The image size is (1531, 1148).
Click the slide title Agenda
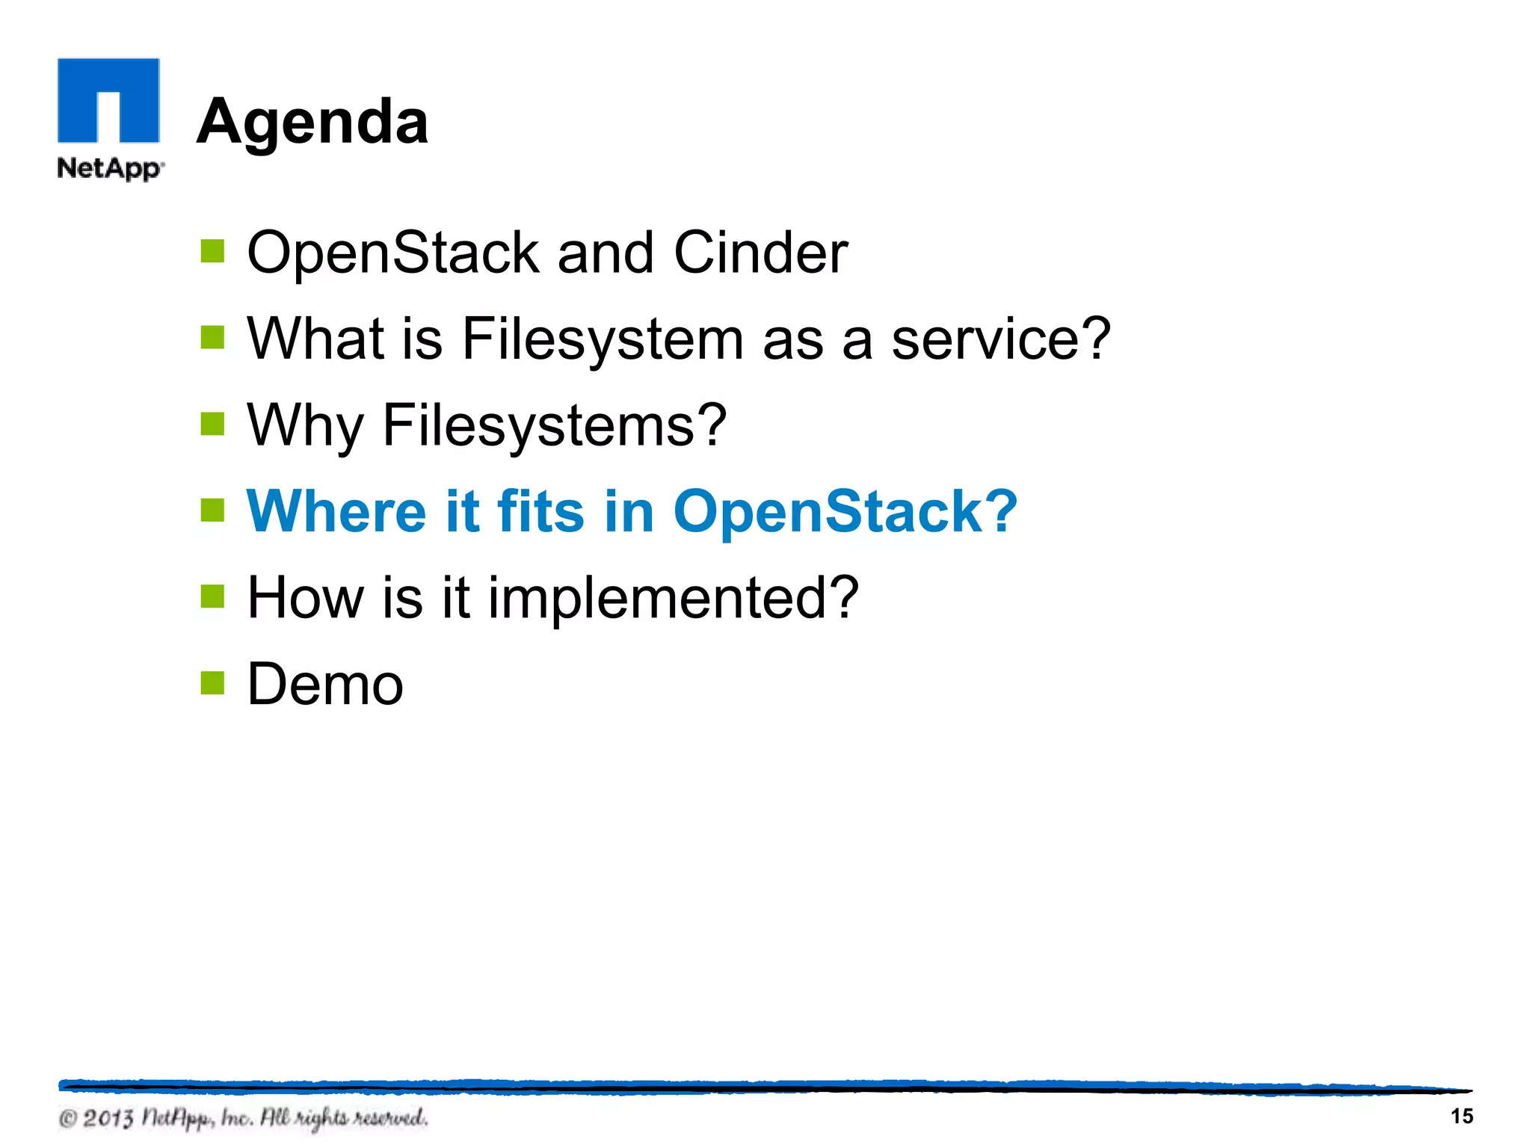point(312,122)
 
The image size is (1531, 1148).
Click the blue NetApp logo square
point(108,99)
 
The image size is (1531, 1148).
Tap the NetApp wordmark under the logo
point(110,168)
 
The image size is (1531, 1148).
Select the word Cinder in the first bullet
point(760,253)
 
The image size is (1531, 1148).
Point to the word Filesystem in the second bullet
point(603,339)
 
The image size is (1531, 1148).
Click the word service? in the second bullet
point(1001,339)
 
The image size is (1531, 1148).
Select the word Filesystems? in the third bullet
point(554,426)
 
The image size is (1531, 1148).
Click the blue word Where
point(336,511)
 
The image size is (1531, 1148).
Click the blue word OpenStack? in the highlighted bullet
point(845,511)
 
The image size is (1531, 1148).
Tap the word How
point(304,598)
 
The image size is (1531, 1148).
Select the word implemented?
point(673,599)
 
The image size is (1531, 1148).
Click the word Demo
point(325,684)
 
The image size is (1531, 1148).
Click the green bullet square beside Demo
point(213,682)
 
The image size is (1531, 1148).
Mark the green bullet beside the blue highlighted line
point(213,510)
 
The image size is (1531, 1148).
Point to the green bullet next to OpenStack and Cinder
point(213,252)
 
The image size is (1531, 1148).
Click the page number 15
point(1461,1116)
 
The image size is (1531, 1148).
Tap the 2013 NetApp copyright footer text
point(244,1118)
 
